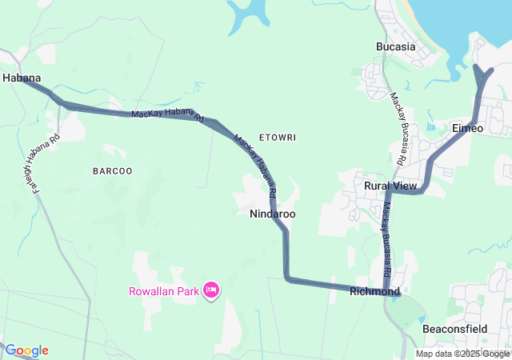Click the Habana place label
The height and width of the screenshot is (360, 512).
pyautogui.click(x=22, y=78)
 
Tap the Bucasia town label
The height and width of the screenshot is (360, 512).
pyautogui.click(x=395, y=46)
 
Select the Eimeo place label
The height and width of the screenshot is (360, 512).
pyautogui.click(x=468, y=128)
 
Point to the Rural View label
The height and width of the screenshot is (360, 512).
pyautogui.click(x=390, y=186)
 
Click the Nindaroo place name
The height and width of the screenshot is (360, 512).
pyautogui.click(x=273, y=214)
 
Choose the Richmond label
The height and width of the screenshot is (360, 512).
pyautogui.click(x=374, y=292)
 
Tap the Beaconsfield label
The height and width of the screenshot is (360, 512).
pyautogui.click(x=454, y=329)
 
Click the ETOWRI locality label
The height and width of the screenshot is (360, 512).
pyautogui.click(x=278, y=138)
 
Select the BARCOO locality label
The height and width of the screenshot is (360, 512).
pyautogui.click(x=112, y=171)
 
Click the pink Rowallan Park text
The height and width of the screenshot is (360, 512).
pyautogui.click(x=164, y=291)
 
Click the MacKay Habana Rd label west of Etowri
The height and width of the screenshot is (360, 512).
pyautogui.click(x=164, y=114)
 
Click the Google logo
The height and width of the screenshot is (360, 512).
pyautogui.click(x=26, y=350)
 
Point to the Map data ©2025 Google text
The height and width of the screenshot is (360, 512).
pyautogui.click(x=462, y=354)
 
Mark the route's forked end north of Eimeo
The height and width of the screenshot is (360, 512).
pyautogui.click(x=483, y=74)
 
